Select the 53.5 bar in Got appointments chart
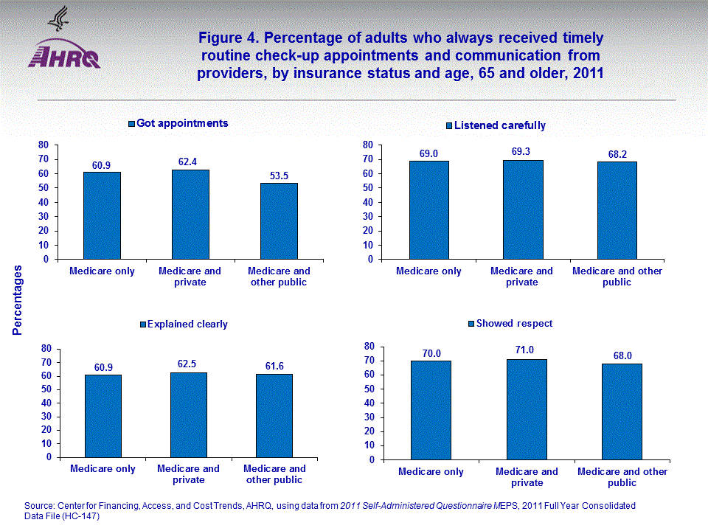coord(279,221)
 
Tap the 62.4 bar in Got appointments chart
coord(190,215)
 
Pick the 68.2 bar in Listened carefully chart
coord(617,210)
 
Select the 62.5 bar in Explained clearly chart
coord(189,414)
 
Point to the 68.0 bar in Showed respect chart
coord(622,412)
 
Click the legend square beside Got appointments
coord(132,124)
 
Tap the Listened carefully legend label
coord(499,125)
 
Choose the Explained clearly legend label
coord(187,324)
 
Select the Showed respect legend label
coord(514,323)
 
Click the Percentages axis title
coord(18,302)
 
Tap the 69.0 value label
coord(429,153)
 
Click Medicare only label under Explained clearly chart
coord(103,469)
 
